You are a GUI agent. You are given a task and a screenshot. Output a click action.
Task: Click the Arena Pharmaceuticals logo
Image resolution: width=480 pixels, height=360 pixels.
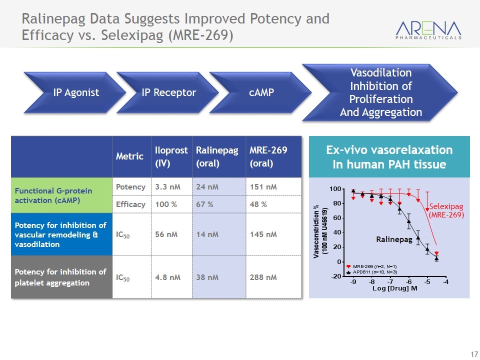[x=428, y=30]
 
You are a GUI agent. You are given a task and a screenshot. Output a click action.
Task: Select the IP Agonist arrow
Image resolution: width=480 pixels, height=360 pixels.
[x=75, y=92]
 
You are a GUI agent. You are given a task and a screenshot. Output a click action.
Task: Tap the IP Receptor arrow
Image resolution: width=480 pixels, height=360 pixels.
[x=168, y=92]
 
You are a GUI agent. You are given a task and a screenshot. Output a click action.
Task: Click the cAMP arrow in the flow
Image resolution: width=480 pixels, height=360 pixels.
[x=260, y=92]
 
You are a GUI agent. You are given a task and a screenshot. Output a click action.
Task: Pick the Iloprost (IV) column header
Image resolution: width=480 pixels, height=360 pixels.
[x=171, y=156]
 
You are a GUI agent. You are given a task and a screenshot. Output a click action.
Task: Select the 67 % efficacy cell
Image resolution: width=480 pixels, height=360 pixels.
[x=219, y=204]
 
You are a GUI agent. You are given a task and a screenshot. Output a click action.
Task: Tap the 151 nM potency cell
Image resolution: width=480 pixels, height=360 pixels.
[x=273, y=186]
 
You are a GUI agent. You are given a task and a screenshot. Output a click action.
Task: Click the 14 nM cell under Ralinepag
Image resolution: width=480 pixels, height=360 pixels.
[x=219, y=234]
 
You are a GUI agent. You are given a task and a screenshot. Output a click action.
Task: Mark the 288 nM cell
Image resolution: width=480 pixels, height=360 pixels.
[x=273, y=277]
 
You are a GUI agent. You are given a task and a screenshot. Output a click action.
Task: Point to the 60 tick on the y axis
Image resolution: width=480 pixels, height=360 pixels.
[x=337, y=218]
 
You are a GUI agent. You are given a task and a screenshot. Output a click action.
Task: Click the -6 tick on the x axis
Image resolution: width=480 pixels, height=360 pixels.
[x=408, y=281]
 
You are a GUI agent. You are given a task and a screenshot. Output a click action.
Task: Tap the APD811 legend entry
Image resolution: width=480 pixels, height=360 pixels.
[x=371, y=272]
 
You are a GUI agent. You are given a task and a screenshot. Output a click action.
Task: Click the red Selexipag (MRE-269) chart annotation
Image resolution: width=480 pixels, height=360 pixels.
[x=446, y=210]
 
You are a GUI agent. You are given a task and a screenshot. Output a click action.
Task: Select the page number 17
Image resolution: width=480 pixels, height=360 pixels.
[x=474, y=354]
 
